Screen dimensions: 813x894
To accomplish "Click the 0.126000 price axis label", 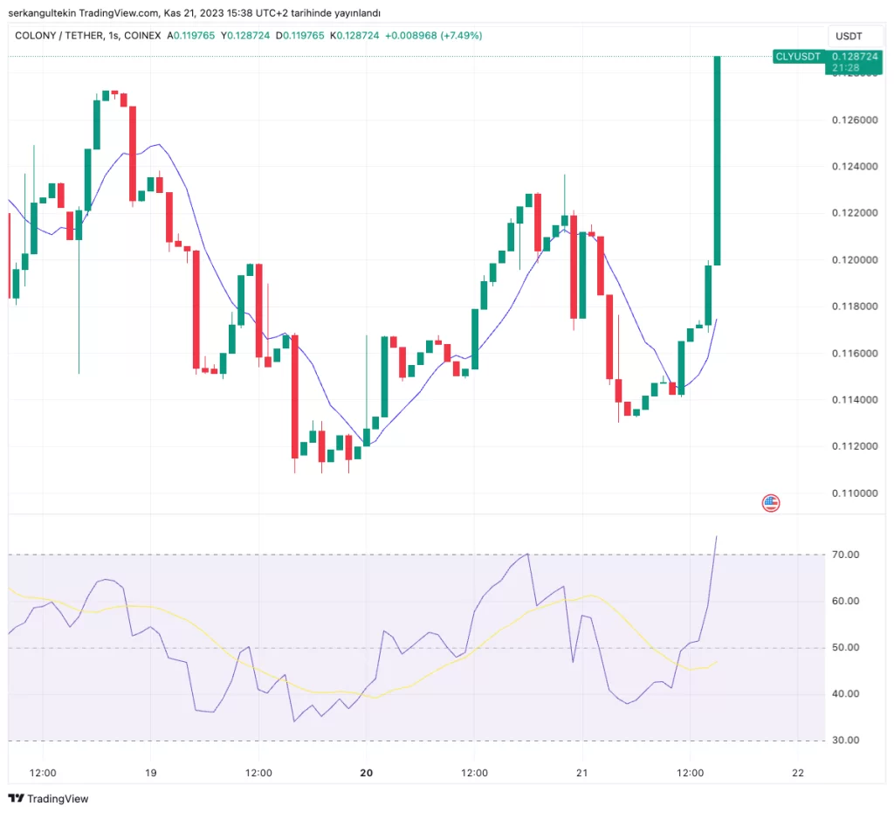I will tap(856, 120).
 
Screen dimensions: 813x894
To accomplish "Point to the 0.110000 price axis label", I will tap(856, 493).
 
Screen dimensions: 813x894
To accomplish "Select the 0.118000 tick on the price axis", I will tap(856, 307).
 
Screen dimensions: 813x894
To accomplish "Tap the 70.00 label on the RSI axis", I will tap(848, 555).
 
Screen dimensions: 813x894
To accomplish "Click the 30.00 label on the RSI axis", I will tap(848, 741).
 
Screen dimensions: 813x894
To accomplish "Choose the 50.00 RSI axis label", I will tap(848, 648).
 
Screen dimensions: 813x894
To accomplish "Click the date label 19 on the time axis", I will tap(150, 773).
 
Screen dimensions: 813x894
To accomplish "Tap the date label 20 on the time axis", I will tap(367, 773).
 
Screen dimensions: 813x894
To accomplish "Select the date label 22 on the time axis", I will tap(797, 773).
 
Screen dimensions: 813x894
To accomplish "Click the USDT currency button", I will tap(849, 37).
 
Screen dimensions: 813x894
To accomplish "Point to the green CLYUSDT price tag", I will tap(798, 57).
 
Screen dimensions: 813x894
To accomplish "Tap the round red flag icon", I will tap(771, 502).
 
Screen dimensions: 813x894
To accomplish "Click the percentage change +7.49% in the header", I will tap(461, 36).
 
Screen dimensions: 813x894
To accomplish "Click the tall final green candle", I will tap(717, 157).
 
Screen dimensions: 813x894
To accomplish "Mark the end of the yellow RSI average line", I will tap(717, 662).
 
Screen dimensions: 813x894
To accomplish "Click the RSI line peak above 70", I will tap(717, 537).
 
